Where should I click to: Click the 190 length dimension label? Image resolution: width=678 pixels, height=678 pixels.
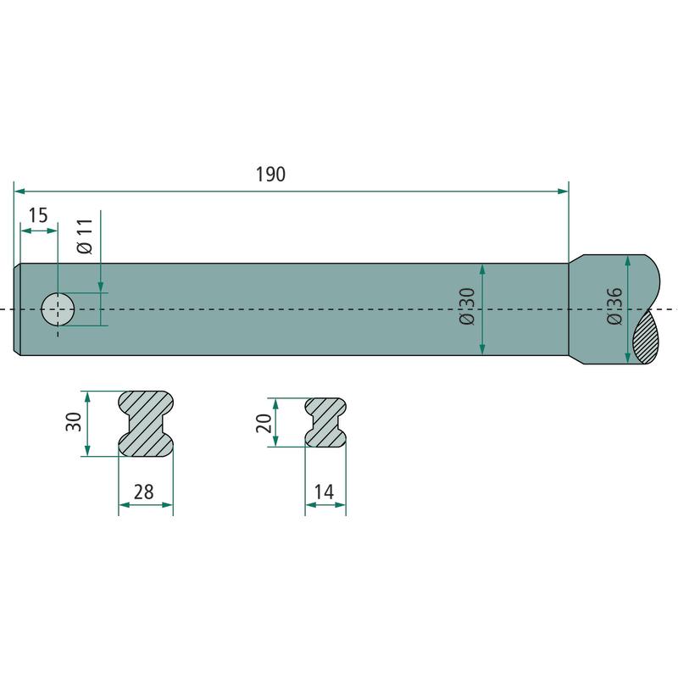pos(270,175)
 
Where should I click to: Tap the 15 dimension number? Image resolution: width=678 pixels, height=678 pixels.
pos(38,215)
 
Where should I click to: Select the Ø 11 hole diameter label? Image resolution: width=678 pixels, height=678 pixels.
pos(85,236)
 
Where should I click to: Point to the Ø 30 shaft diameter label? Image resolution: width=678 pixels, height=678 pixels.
pos(467,307)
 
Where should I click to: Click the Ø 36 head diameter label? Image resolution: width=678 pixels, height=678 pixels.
pos(614,306)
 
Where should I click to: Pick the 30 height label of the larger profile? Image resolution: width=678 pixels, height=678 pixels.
pos(74,421)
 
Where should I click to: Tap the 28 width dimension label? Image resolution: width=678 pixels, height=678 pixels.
pos(143,492)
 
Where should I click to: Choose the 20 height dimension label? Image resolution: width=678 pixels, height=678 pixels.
pos(264,423)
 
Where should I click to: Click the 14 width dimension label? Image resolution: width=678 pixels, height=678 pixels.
pos(324,492)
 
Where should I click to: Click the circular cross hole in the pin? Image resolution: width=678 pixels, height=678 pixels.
pos(58,309)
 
